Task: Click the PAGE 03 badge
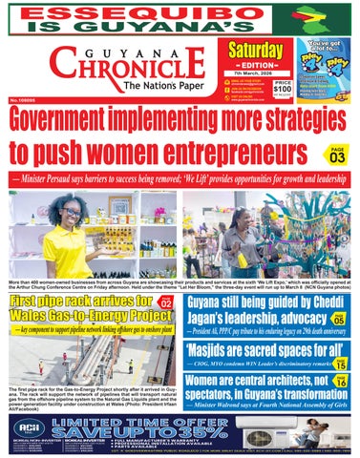[336, 155]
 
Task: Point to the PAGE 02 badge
[164, 302]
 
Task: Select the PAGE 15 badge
[341, 362]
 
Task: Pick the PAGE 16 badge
[341, 383]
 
